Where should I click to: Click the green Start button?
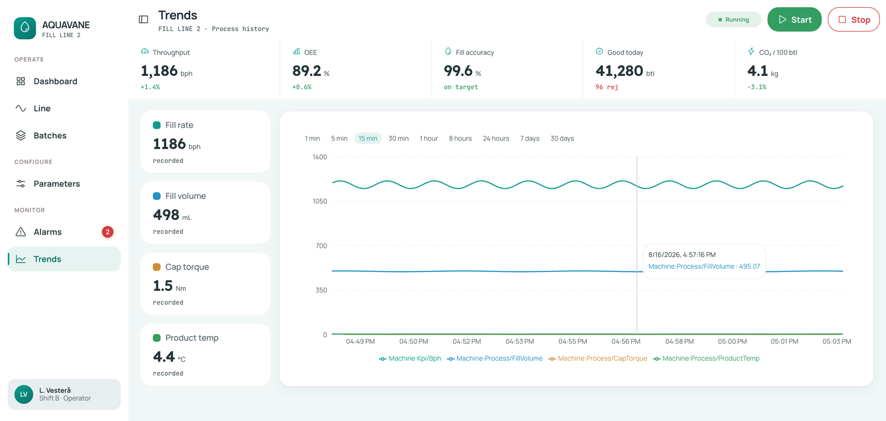[x=794, y=19]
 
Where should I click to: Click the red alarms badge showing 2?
[x=107, y=232]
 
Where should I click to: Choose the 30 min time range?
[x=398, y=138]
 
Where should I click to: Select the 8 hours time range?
[x=460, y=138]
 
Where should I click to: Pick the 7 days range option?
[x=529, y=138]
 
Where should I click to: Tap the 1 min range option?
[x=312, y=138]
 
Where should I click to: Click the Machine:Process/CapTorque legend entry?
[x=597, y=358]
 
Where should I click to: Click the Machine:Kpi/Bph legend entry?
[x=410, y=358]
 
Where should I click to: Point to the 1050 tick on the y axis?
[x=320, y=202]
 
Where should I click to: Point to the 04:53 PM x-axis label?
[x=520, y=341]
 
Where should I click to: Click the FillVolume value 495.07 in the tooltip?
[x=749, y=266]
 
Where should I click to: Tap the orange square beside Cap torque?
[x=157, y=267]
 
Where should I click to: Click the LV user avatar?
[x=24, y=394]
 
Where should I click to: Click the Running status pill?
[x=733, y=19]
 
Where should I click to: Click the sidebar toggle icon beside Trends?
[x=143, y=19]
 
